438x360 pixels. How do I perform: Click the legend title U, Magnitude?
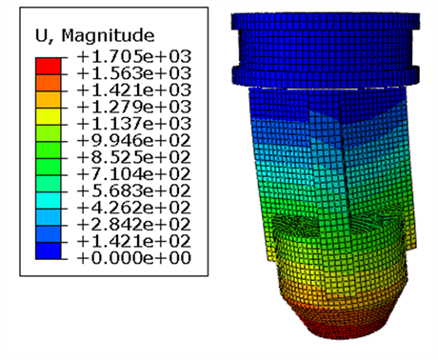pos(94,35)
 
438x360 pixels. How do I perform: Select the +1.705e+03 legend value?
pos(134,57)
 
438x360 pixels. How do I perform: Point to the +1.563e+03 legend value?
pos(134,73)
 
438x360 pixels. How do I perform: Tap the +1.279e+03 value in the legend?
pos(134,107)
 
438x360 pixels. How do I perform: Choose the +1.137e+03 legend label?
pos(134,124)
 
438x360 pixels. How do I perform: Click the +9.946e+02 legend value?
pos(134,140)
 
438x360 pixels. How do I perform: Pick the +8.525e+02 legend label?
pos(134,157)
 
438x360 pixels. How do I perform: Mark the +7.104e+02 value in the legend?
pos(134,174)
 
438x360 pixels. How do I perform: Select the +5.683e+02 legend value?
pos(134,190)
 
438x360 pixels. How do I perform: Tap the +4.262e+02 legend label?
pos(134,208)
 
